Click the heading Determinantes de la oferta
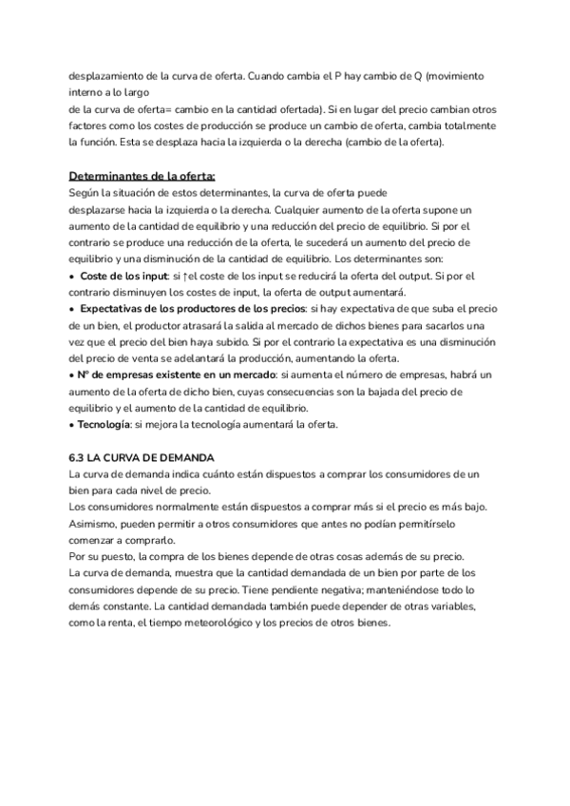click(x=142, y=175)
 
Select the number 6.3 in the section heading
click(x=80, y=457)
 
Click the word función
click(x=91, y=142)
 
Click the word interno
click(x=86, y=92)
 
